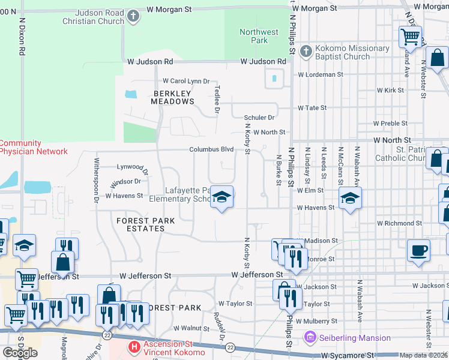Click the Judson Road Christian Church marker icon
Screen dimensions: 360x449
pyautogui.click(x=134, y=16)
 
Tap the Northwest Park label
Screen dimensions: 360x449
pyautogui.click(x=259, y=36)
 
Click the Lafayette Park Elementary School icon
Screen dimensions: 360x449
pyautogui.click(x=221, y=197)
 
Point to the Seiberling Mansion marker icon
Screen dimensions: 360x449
pyautogui.click(x=310, y=338)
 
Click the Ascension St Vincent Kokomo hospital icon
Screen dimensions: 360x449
pyautogui.click(x=134, y=346)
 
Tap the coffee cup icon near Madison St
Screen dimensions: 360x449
pyautogui.click(x=419, y=250)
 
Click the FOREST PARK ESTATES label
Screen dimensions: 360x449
pyautogui.click(x=146, y=225)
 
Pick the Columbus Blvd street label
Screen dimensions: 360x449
pyautogui.click(x=211, y=149)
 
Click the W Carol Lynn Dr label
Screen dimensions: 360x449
pyautogui.click(x=186, y=81)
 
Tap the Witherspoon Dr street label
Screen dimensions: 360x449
pyautogui.click(x=96, y=179)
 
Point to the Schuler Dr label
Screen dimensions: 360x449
pyautogui.click(x=259, y=118)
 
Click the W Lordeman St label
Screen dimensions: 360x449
pyautogui.click(x=321, y=75)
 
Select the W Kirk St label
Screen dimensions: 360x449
pyautogui.click(x=390, y=90)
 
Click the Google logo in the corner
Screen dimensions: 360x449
pyautogui.click(x=20, y=352)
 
